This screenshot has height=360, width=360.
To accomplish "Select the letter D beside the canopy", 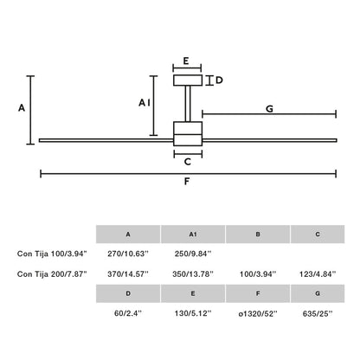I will tap(219, 80).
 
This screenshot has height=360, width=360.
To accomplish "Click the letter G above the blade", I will tap(269, 109).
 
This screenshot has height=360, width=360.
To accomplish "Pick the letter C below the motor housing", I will tap(188, 161).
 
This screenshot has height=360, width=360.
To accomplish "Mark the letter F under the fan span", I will tap(188, 183).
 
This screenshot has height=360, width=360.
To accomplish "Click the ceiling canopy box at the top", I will tap(188, 80).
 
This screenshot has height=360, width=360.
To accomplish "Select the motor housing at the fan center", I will tap(188, 134).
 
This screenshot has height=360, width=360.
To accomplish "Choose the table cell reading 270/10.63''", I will tap(128, 254).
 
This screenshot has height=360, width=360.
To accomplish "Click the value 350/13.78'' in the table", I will tap(192, 273).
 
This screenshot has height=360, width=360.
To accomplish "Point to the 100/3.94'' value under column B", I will tap(257, 273).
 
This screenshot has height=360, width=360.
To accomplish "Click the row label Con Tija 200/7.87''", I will tap(50, 273).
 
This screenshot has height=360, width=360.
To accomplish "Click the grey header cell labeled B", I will tap(257, 234).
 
